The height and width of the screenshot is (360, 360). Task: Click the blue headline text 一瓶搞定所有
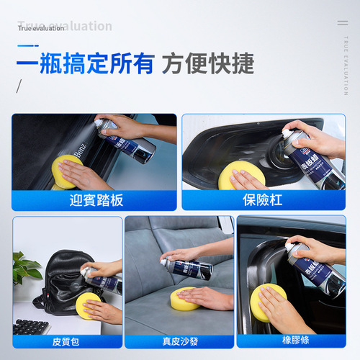(x=85, y=63)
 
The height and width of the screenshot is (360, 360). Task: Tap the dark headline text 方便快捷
(x=208, y=63)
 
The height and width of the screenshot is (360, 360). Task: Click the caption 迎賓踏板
(x=94, y=199)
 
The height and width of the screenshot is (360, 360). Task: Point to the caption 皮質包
(x=57, y=341)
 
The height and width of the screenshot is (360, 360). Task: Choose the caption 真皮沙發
(x=179, y=341)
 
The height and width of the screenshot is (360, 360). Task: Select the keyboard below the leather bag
(x=32, y=328)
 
